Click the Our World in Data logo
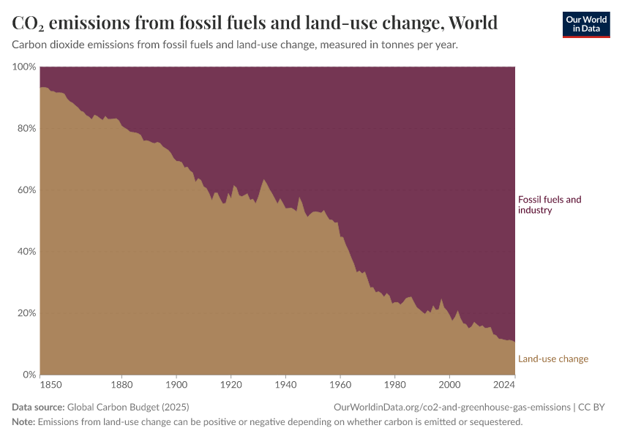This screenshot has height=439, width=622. (x=585, y=24)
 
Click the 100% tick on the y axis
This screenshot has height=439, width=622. (x=24, y=67)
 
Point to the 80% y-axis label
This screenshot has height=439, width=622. (x=26, y=128)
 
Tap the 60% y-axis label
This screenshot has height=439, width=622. (x=26, y=190)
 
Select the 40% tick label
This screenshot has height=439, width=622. (x=26, y=252)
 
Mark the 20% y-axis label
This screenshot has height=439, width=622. (x=26, y=313)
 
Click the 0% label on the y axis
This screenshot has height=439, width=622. (x=29, y=375)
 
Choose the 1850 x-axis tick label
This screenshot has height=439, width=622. (x=50, y=384)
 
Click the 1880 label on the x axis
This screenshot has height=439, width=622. (x=121, y=384)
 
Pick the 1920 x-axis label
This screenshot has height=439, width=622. (x=231, y=384)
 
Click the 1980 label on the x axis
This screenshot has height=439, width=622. (x=395, y=384)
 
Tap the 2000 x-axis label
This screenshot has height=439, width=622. (x=449, y=384)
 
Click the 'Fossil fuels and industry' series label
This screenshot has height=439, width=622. (x=549, y=205)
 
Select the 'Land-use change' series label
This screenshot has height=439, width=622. (x=552, y=359)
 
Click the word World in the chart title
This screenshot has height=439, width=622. (x=473, y=23)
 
